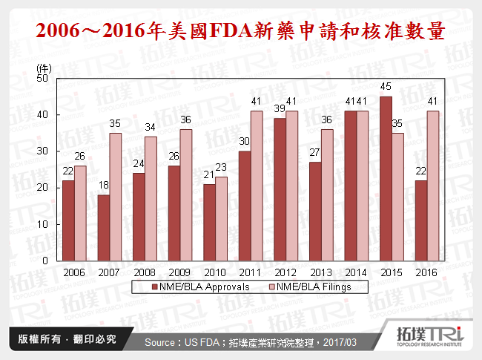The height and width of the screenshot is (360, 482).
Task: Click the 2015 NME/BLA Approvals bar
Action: click(x=385, y=179)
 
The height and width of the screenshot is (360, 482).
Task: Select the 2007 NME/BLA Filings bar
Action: click(x=115, y=197)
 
